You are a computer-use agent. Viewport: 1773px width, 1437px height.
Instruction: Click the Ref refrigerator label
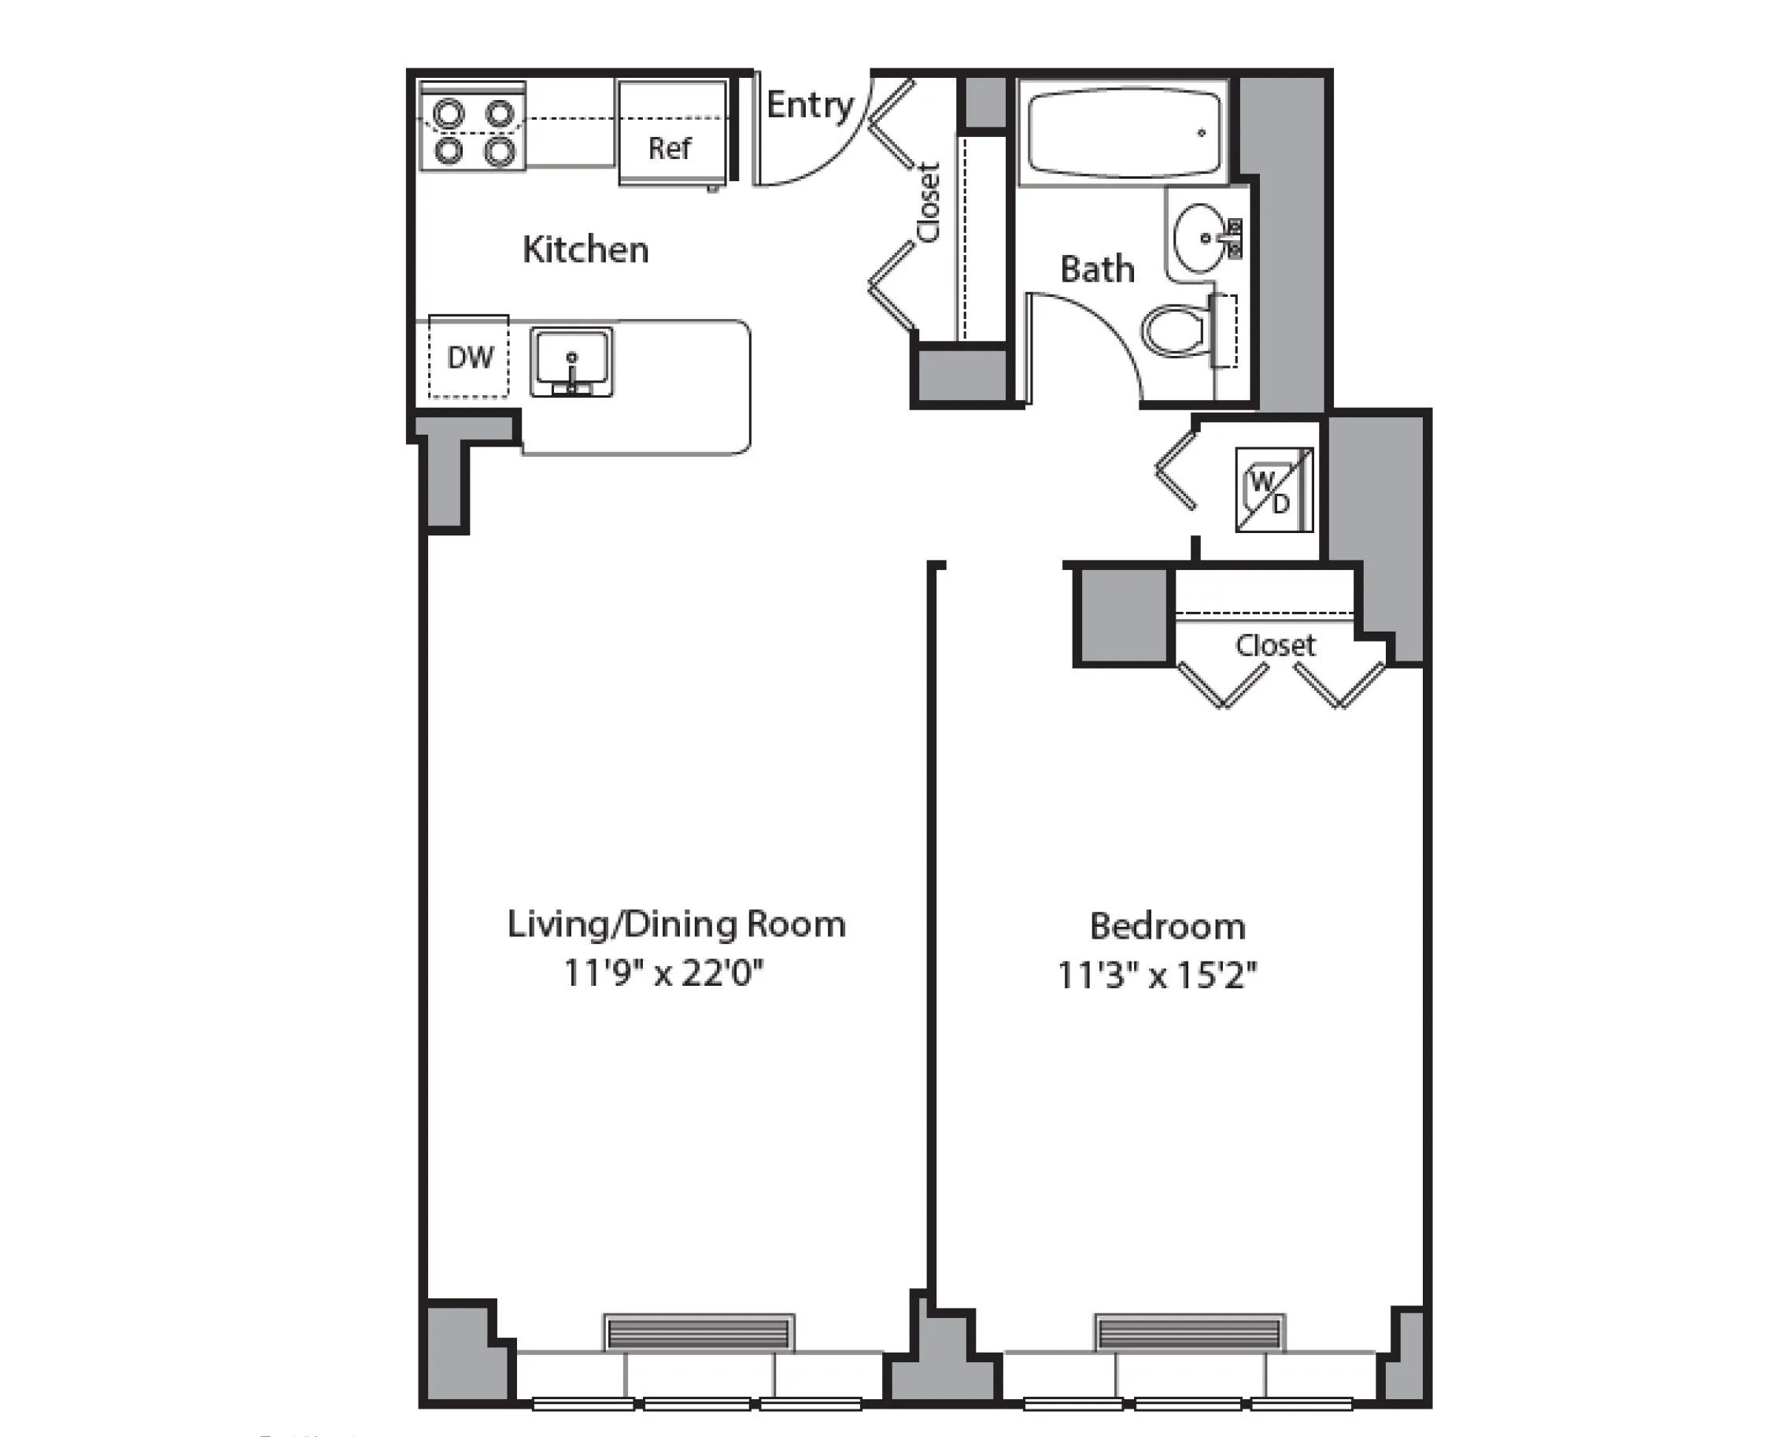tap(670, 148)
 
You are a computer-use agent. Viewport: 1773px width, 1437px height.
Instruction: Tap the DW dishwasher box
tap(469, 357)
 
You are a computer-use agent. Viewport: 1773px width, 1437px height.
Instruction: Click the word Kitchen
tap(585, 250)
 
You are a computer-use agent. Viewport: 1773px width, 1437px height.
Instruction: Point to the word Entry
tap(809, 106)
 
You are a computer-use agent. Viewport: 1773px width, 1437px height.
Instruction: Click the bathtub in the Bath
tap(1124, 133)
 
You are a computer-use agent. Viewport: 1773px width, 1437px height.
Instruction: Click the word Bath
tap(1097, 270)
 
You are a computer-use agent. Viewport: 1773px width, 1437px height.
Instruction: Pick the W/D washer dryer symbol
tap(1273, 490)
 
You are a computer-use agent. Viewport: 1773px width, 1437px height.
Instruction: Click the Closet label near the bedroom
tap(1275, 645)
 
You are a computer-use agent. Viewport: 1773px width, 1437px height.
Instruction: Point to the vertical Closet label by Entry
tap(929, 203)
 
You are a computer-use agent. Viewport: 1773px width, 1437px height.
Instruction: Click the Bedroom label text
tap(1167, 926)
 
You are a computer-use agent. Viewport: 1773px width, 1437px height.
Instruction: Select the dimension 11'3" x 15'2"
tap(1158, 976)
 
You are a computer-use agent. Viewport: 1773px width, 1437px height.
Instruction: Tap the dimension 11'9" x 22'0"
tap(663, 973)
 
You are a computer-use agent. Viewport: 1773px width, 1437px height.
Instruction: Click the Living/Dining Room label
tap(676, 924)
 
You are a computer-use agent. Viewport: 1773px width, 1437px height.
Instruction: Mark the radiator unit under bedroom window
tap(1190, 1334)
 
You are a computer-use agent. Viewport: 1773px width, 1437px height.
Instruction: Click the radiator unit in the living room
tap(699, 1334)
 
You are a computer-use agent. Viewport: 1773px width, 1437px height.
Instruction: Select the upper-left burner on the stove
tap(449, 113)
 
